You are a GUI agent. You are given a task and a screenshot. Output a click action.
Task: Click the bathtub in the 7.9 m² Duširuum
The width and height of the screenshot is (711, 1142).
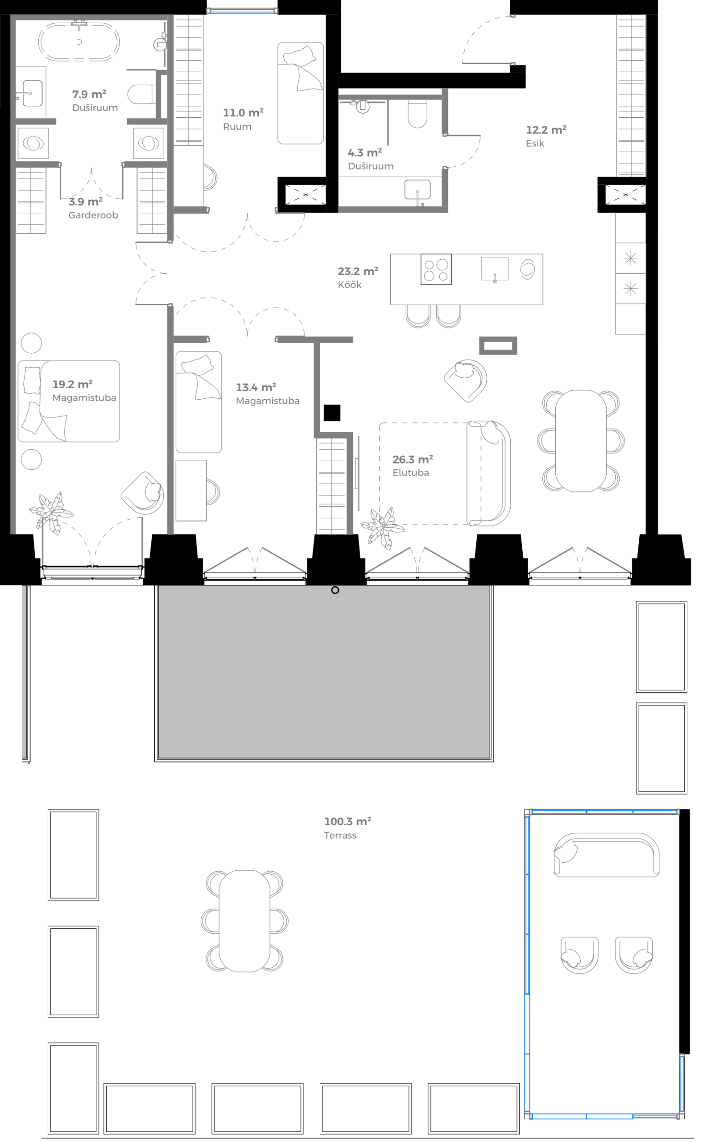tap(79, 42)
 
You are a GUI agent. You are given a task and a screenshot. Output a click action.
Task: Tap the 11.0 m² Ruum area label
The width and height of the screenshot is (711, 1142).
tap(243, 119)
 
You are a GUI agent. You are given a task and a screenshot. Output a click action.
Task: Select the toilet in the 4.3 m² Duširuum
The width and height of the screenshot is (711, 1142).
tap(417, 113)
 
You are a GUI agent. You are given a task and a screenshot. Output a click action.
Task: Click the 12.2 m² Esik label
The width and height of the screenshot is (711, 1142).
tap(546, 136)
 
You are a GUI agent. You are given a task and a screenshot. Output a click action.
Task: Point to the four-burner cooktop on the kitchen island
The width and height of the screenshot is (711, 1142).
tap(436, 269)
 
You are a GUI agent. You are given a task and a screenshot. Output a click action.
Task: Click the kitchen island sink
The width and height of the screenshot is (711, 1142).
tap(495, 269)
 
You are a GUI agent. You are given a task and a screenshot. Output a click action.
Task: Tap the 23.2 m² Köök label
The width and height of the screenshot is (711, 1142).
tap(357, 277)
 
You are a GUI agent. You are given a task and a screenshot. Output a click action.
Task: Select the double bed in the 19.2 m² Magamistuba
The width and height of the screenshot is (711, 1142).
tap(69, 401)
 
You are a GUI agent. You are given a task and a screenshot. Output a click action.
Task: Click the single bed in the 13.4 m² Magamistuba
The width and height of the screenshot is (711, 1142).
tap(198, 402)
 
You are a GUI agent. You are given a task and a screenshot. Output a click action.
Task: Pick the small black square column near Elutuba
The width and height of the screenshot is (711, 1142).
tap(332, 413)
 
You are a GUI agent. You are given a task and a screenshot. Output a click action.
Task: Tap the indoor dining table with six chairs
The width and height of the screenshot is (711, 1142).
tap(581, 441)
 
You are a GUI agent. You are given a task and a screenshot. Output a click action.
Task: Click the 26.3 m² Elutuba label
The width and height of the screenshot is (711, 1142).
tap(413, 465)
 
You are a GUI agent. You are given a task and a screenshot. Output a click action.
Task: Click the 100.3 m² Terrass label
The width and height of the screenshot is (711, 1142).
tap(347, 828)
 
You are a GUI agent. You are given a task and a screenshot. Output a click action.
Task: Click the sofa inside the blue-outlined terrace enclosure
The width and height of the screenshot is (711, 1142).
tap(606, 855)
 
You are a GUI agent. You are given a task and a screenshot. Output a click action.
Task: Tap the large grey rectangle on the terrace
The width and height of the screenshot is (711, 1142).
tap(323, 672)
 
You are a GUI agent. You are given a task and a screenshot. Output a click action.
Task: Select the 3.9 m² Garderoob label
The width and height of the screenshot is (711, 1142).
tap(93, 208)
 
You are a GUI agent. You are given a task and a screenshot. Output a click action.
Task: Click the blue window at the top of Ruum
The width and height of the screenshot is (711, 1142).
tap(242, 10)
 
